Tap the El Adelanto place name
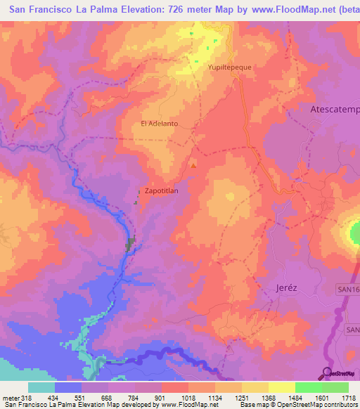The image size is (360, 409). (x=160, y=124)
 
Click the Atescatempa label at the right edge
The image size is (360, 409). (x=335, y=110)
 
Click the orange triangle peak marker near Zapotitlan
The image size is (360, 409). (x=193, y=166)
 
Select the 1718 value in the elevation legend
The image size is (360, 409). (x=349, y=397)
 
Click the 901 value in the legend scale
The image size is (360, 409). (x=160, y=397)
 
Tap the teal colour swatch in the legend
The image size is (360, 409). (x=41, y=387)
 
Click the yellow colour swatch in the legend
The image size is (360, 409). (x=281, y=387)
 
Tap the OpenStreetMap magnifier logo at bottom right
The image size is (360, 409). (x=328, y=373)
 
